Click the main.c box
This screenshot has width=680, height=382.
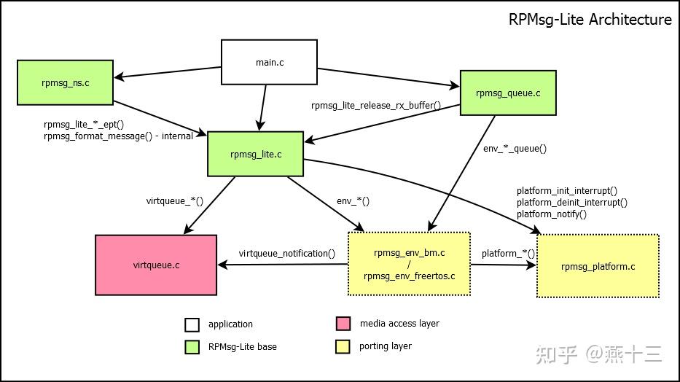coord(269,63)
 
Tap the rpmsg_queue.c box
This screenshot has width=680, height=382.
coord(507,93)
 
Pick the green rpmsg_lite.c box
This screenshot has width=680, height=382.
coord(255,154)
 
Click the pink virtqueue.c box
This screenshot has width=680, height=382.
coord(156,265)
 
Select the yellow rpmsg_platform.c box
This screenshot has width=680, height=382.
coord(598,266)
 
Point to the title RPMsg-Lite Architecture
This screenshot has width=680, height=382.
coord(590,20)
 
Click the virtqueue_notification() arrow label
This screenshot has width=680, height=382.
coord(286,254)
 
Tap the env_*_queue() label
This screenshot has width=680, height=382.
coord(515,148)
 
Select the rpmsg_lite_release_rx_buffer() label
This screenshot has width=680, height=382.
coord(375,105)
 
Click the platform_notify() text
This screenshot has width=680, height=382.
coord(551,214)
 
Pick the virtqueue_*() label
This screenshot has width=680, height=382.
coord(174,200)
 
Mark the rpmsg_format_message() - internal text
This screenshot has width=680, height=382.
coord(118,136)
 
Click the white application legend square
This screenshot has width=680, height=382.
coord(192,324)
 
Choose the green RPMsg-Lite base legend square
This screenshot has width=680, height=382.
coord(192,347)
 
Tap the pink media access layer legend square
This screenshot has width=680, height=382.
coord(343,324)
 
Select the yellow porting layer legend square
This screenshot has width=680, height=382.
coord(343,346)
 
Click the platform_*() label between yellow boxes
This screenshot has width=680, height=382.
coord(508,254)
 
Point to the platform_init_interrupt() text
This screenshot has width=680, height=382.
coord(566,191)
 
